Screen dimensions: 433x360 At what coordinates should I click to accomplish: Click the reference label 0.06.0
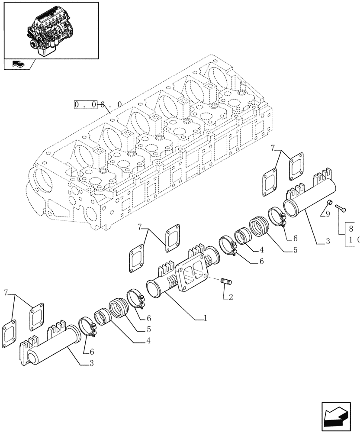98,104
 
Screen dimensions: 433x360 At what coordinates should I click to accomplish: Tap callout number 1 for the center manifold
206,318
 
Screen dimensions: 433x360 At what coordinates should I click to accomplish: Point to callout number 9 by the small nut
328,213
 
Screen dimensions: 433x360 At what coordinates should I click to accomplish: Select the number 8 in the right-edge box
351,229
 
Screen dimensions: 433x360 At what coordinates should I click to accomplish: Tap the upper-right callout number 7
273,148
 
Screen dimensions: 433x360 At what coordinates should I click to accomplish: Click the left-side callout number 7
6,293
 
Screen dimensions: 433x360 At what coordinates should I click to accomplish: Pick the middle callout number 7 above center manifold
140,226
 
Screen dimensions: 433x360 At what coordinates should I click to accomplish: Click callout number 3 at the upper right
328,242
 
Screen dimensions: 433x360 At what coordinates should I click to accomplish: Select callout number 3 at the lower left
91,363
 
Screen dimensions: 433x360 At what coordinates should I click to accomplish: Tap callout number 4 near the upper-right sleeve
262,250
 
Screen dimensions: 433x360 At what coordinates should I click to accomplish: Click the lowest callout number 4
148,341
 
